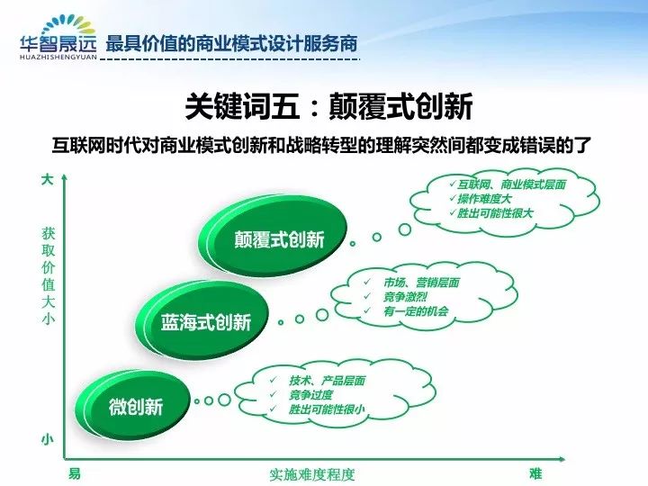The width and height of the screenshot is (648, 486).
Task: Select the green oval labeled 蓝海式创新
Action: pyautogui.click(x=202, y=320)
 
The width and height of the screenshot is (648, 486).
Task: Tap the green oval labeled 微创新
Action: pyautogui.click(x=132, y=405)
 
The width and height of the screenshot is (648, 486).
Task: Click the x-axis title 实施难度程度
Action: pyautogui.click(x=312, y=474)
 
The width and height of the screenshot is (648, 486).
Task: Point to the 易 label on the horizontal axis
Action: pyautogui.click(x=75, y=472)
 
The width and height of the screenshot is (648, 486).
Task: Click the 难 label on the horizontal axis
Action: pyautogui.click(x=535, y=472)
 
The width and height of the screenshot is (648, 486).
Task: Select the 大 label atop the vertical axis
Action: pyautogui.click(x=48, y=179)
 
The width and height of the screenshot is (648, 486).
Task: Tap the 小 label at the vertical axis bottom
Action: pyautogui.click(x=48, y=440)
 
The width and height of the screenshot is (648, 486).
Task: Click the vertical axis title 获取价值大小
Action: pyautogui.click(x=49, y=276)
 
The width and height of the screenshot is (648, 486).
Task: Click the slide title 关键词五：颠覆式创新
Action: pyautogui.click(x=329, y=106)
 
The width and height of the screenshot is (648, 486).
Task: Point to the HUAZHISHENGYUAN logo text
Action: pyautogui.click(x=58, y=57)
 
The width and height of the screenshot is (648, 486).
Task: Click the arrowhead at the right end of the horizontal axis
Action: pyautogui.click(x=562, y=459)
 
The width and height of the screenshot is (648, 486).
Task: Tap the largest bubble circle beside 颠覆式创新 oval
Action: pyautogui.click(x=405, y=229)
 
